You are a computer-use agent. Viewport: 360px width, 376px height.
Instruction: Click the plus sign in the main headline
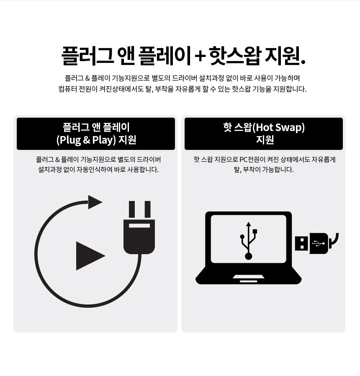click(x=200, y=57)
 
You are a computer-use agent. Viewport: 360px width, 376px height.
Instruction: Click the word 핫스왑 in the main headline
click(x=235, y=56)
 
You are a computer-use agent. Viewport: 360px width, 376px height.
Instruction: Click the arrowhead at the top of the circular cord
click(x=95, y=202)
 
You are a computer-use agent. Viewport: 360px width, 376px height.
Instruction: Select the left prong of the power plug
click(x=132, y=209)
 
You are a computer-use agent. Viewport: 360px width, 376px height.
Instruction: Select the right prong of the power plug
click(x=147, y=209)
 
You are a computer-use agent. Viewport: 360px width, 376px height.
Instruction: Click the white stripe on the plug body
click(x=139, y=226)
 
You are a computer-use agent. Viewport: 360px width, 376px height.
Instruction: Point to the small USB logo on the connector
click(x=319, y=243)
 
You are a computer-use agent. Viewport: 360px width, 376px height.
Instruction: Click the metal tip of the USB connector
click(x=301, y=243)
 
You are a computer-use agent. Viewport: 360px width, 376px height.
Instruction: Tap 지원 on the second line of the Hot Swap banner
click(x=265, y=140)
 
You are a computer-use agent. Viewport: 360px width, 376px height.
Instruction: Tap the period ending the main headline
click(x=303, y=62)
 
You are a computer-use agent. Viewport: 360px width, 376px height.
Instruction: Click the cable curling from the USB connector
click(x=334, y=242)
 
